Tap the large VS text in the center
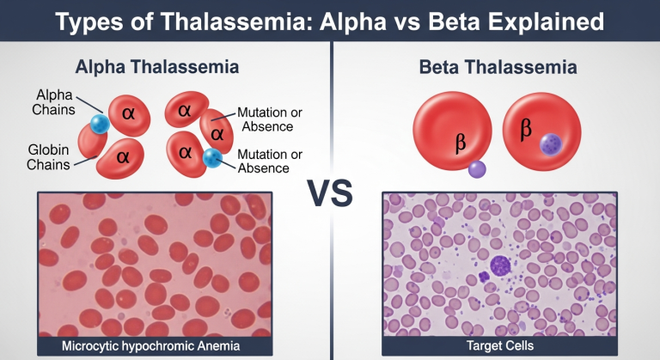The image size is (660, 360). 329,193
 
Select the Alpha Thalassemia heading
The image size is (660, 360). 157,66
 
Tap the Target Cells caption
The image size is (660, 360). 498,346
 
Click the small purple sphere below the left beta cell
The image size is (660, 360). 477,169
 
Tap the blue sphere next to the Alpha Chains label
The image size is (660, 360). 100,124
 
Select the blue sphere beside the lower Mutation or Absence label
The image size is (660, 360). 211,157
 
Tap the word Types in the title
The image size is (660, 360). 87,21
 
